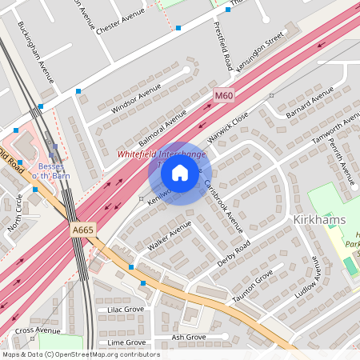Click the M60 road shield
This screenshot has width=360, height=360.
pyautogui.click(x=224, y=95)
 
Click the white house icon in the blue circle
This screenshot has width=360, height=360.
pyautogui.click(x=180, y=173)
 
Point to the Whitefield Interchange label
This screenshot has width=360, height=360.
pyautogui.click(x=162, y=153)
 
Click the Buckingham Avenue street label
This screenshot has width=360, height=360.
pyautogui.click(x=35, y=53)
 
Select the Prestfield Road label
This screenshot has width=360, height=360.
pyautogui.click(x=222, y=45)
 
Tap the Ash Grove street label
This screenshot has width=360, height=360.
pyautogui.click(x=189, y=337)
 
